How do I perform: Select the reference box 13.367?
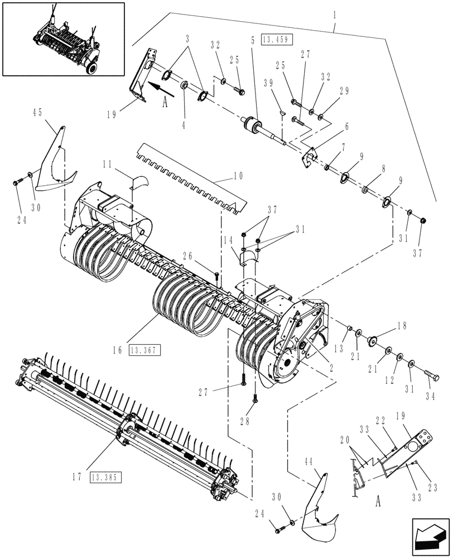click(144, 350)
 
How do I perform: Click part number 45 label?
click(37, 113)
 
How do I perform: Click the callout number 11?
click(107, 166)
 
